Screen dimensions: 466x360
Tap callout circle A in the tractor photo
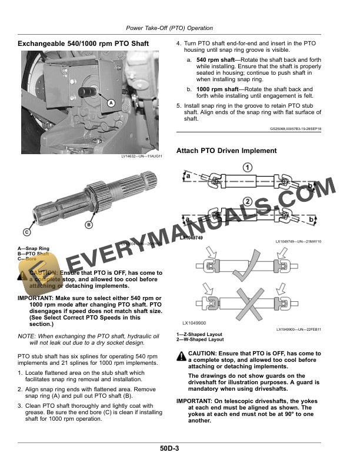click(111, 102)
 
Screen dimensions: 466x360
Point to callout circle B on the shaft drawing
click(89, 225)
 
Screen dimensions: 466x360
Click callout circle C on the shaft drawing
click(27, 231)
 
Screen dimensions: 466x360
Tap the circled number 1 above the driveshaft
click(248, 168)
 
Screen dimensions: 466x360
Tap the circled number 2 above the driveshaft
click(248, 202)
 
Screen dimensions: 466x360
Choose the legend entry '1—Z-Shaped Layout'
click(200, 335)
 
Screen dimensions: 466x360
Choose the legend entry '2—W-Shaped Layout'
click(201, 339)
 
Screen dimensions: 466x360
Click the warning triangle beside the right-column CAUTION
click(181, 355)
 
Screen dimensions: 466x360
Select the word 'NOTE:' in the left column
click(28, 335)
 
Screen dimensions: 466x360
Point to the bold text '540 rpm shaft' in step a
click(217, 60)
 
